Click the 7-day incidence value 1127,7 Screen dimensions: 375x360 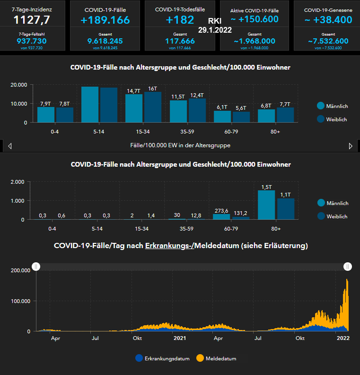click(32, 19)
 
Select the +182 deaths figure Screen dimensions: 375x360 click(180, 20)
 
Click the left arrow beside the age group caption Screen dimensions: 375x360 click(9, 146)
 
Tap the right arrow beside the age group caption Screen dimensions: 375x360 click(351, 146)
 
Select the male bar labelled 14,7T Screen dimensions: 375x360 click(134, 108)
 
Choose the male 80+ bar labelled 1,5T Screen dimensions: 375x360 click(266, 205)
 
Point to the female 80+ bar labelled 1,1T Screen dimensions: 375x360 click(286, 209)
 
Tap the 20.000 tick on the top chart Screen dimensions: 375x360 click(19, 85)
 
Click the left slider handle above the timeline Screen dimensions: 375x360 click(36, 267)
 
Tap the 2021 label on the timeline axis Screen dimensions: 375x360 click(180, 338)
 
